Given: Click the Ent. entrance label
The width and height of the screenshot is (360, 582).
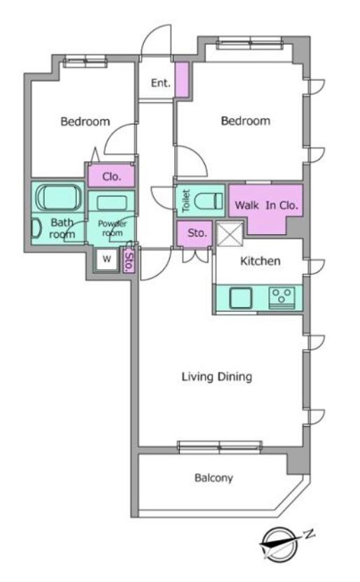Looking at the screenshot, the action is click(x=161, y=83).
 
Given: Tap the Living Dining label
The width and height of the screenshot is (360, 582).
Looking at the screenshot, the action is click(x=217, y=377).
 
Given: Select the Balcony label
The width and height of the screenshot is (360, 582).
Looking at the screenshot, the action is click(x=214, y=478).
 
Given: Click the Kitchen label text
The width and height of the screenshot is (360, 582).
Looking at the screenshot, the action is click(x=260, y=261).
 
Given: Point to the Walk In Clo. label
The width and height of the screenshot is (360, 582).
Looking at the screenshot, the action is click(x=266, y=205).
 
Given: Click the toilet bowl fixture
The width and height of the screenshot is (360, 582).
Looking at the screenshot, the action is click(x=208, y=201).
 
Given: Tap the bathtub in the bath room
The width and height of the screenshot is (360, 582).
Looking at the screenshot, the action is click(x=59, y=197).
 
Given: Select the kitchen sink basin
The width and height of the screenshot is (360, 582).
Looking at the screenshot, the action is click(x=240, y=298).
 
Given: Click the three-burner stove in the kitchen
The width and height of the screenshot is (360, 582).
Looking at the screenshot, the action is click(x=282, y=298).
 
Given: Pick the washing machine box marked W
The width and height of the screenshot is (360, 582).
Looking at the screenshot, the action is click(x=107, y=259).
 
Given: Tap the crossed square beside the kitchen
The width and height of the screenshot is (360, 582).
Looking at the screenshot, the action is click(x=229, y=234).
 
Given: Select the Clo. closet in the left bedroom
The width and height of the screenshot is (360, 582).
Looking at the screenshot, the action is click(x=111, y=176).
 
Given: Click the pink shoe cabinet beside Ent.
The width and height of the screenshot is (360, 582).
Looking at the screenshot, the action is click(x=182, y=80).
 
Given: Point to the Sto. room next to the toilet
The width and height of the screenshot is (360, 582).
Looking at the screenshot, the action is click(x=194, y=234).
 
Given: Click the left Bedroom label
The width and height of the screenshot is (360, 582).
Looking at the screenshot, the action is click(x=85, y=122).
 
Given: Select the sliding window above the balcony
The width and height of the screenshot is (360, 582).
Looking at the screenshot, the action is click(x=220, y=447).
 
